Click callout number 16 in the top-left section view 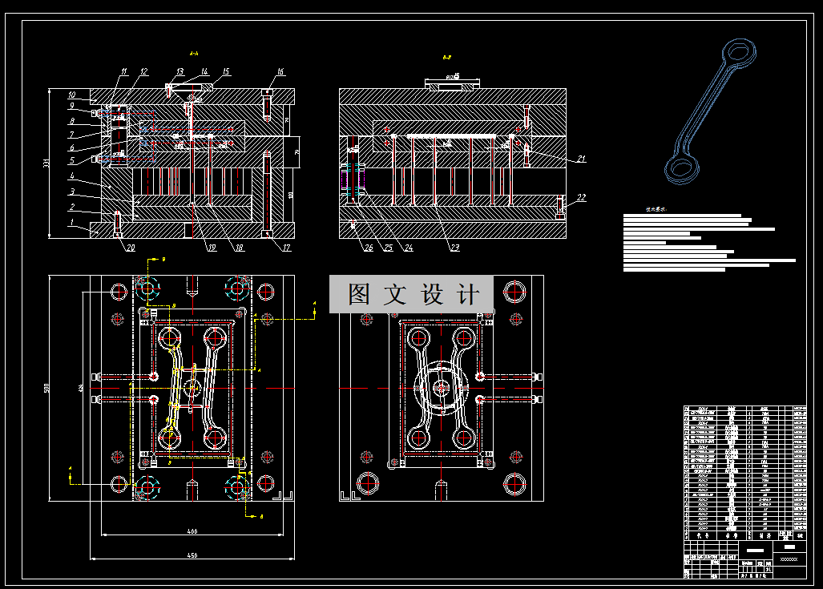tap(280, 72)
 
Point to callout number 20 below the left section tap(130, 247)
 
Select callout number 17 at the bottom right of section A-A tap(287, 248)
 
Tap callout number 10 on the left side tap(71, 95)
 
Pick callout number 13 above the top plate tap(180, 72)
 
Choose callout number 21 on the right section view tap(581, 159)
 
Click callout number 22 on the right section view tap(581, 197)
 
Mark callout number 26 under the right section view tap(368, 248)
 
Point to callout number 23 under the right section tap(454, 248)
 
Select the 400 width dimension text tap(192, 531)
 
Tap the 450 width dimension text tap(192, 555)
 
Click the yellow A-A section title tap(193, 54)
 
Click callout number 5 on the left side tap(71, 160)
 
